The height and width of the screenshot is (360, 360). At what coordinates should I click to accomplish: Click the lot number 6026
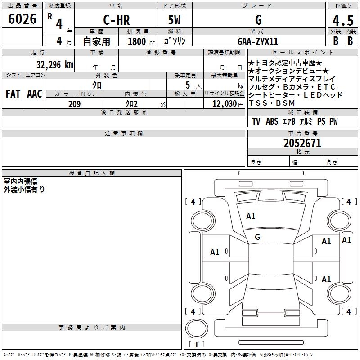point(22,19)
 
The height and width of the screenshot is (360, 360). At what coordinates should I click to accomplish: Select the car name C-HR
point(117,20)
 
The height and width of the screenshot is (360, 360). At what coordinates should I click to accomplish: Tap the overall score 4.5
point(343,20)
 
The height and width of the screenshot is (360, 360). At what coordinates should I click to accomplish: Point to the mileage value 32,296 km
point(54,65)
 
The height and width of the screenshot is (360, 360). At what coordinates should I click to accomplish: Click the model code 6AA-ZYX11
point(258,41)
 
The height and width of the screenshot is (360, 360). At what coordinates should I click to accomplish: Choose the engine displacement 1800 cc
point(141,41)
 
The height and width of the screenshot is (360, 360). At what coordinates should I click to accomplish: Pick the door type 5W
point(174,20)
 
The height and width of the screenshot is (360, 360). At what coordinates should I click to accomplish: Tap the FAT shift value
point(13,94)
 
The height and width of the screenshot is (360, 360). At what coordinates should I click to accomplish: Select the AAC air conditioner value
point(35,94)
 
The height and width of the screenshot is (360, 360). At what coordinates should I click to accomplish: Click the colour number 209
point(75,104)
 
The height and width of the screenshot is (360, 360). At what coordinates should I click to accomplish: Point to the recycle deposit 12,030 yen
point(228,104)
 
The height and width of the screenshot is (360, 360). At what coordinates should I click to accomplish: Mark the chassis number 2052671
point(302,143)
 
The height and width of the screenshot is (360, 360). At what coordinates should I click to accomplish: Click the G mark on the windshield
point(257,237)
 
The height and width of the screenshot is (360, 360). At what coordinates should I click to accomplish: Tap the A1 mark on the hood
point(251,216)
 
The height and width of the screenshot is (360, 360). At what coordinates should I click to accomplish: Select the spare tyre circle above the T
point(197,328)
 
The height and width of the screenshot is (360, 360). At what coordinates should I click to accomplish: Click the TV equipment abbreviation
point(256,121)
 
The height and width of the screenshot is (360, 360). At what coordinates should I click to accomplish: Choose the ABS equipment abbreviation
point(272,121)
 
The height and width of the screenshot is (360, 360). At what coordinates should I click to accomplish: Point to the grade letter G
point(258,20)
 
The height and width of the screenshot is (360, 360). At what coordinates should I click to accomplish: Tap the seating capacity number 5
point(188,85)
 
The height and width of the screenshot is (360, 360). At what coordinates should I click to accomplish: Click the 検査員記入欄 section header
point(92,173)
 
